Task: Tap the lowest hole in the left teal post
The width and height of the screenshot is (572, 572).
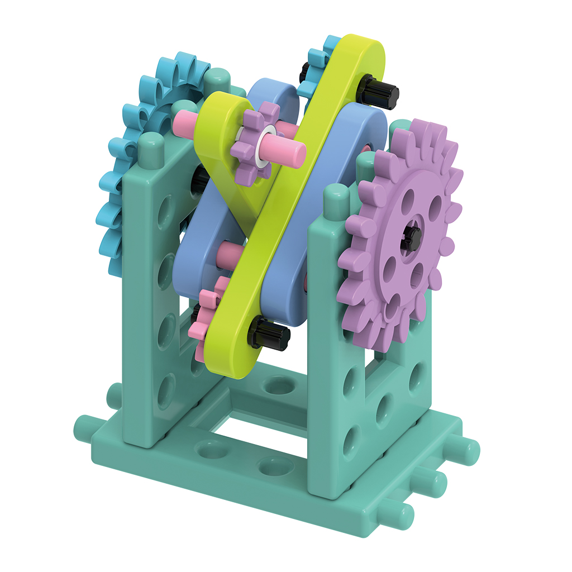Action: [166, 391]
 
